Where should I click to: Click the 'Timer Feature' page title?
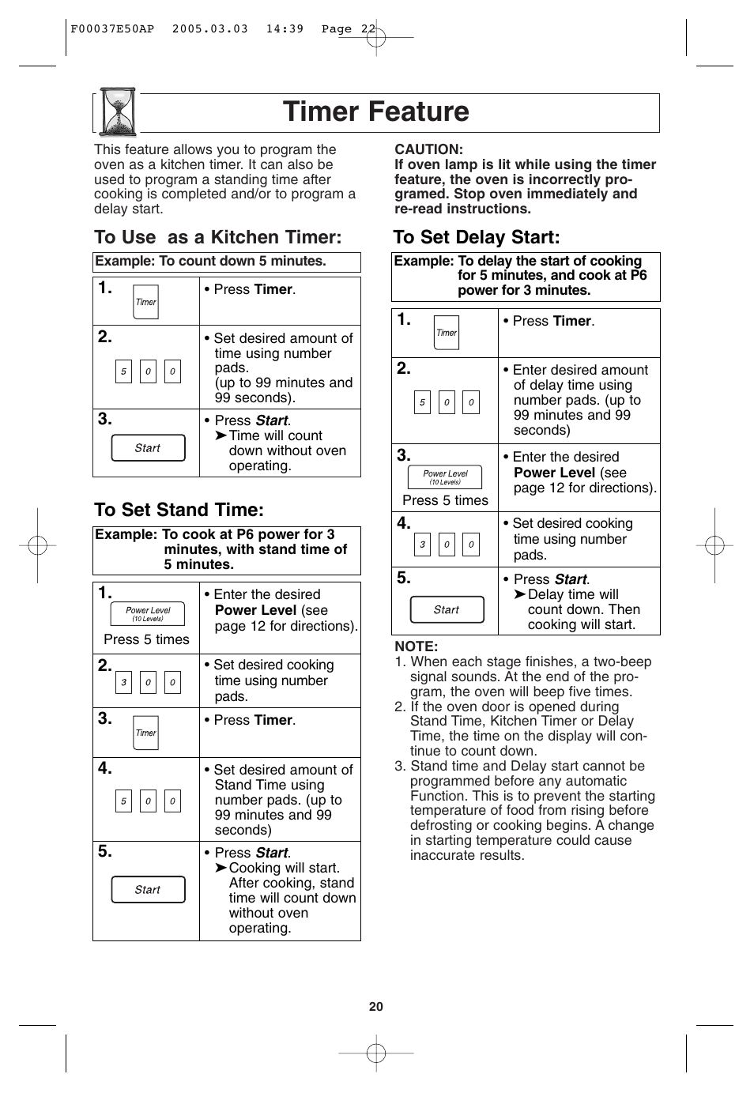point(376,111)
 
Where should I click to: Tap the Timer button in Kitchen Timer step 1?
point(145,302)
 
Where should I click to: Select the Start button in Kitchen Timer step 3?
point(148,448)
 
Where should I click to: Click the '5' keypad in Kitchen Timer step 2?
point(123,371)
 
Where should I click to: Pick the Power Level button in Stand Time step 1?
point(148,613)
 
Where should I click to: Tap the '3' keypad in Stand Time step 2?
point(123,683)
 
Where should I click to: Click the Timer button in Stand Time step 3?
point(145,733)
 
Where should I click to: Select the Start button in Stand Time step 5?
point(148,890)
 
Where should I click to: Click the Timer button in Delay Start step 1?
point(447,333)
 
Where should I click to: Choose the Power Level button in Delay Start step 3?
point(445,477)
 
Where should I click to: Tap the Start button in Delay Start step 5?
point(447,609)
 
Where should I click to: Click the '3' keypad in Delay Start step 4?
point(422,545)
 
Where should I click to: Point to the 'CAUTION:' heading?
point(428,149)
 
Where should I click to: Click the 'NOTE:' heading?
point(416,646)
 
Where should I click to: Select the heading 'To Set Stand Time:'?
point(179,510)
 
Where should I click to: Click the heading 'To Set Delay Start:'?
point(477,237)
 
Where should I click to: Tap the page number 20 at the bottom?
point(376,1006)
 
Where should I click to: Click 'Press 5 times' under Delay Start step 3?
point(445,500)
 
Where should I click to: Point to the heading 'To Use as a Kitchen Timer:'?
point(217,237)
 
